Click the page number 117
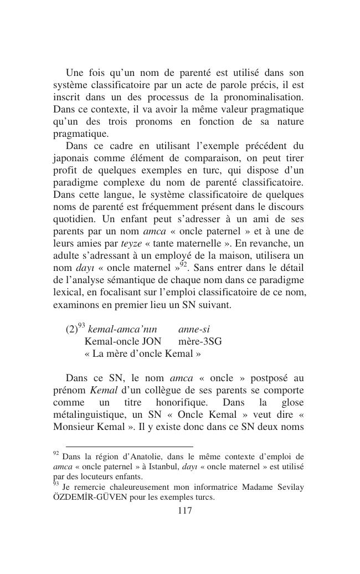point(184,511)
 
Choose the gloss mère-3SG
point(200,341)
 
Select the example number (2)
point(71,329)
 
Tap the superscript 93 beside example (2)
point(81,325)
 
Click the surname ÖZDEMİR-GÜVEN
point(91,497)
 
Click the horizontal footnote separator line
point(129,446)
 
